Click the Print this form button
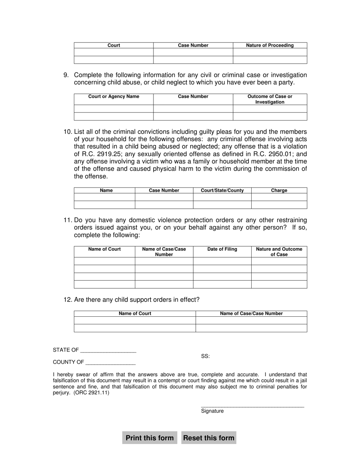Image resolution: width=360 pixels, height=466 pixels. click(150, 438)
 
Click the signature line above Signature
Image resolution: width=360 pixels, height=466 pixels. click(252, 407)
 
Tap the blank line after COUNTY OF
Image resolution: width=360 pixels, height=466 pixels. click(111, 363)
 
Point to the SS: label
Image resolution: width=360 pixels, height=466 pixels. click(205, 356)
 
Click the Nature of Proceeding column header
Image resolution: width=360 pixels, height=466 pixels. click(270, 45)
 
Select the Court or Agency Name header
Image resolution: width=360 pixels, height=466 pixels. click(114, 97)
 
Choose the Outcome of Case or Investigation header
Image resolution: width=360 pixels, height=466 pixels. click(270, 99)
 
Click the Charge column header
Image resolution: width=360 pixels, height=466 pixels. click(279, 191)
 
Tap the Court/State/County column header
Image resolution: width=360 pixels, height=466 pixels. click(222, 191)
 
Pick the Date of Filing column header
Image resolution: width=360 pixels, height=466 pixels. click(222, 249)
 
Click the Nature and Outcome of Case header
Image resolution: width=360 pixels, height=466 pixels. click(279, 252)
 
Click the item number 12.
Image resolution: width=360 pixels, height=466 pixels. click(67, 300)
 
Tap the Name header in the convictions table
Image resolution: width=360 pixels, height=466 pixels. click(106, 191)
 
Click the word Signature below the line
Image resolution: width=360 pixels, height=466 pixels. click(212, 411)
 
